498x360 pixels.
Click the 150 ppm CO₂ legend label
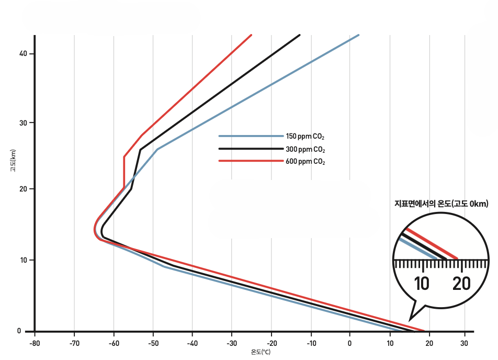pos(305,137)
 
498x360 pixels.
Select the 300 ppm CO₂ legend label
pos(305,150)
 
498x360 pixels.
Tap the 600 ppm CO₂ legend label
pos(305,162)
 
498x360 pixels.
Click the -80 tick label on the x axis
pos(35,344)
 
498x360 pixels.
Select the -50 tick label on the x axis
pos(153,344)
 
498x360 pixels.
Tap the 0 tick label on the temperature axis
pos(350,344)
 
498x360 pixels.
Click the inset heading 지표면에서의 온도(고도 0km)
pos(441,205)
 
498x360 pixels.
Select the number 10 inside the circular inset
pos(422,284)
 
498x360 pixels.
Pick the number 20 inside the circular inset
pos(461,284)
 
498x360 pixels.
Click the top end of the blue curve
pos(358,35)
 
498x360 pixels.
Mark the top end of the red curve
pos(252,35)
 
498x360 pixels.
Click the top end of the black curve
pos(300,35)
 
